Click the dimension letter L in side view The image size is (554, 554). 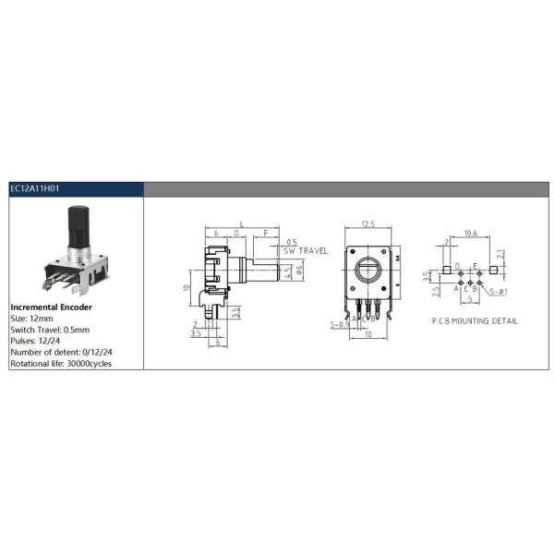[x=241, y=224]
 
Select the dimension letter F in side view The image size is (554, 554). [x=266, y=235]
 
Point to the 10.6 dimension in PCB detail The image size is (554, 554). [x=470, y=234]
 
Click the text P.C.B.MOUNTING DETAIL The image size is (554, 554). [x=475, y=321]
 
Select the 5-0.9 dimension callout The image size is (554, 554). [x=340, y=324]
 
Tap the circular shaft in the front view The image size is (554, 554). [x=367, y=272]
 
